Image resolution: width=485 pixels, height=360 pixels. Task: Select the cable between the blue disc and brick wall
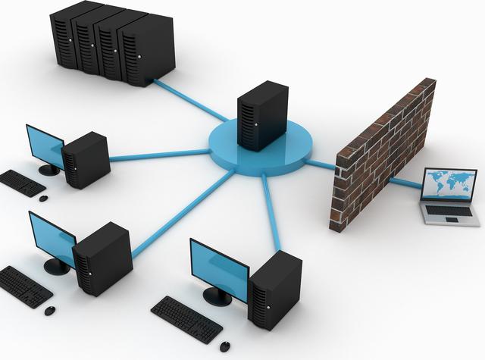pos(323,162)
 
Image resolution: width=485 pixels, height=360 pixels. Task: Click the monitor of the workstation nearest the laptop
pos(217,265)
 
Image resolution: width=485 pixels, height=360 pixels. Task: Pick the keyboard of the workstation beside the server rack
pos(21,182)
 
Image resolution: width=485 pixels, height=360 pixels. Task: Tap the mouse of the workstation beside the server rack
pos(43,199)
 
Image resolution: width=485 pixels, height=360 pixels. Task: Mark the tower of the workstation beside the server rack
pos(85,158)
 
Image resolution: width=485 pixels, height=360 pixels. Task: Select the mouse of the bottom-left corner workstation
pos(50,311)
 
